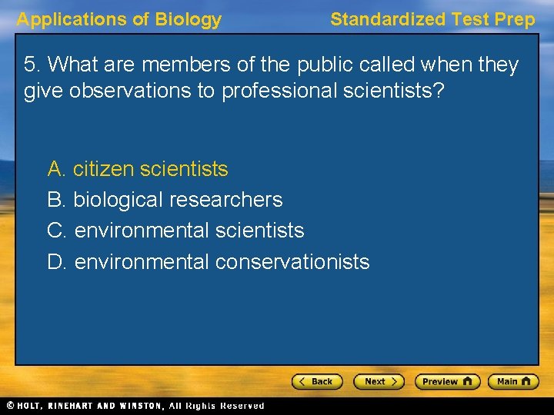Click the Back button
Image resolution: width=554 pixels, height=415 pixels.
(316, 381)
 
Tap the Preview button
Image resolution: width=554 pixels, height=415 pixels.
(447, 381)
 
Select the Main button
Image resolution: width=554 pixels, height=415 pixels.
(513, 381)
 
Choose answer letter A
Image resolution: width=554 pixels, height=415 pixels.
(55, 168)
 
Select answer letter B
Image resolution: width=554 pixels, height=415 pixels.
(55, 200)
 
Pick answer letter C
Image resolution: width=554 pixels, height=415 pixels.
(55, 231)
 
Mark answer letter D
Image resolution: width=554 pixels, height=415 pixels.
(55, 262)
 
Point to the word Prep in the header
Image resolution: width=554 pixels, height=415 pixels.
(516, 20)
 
